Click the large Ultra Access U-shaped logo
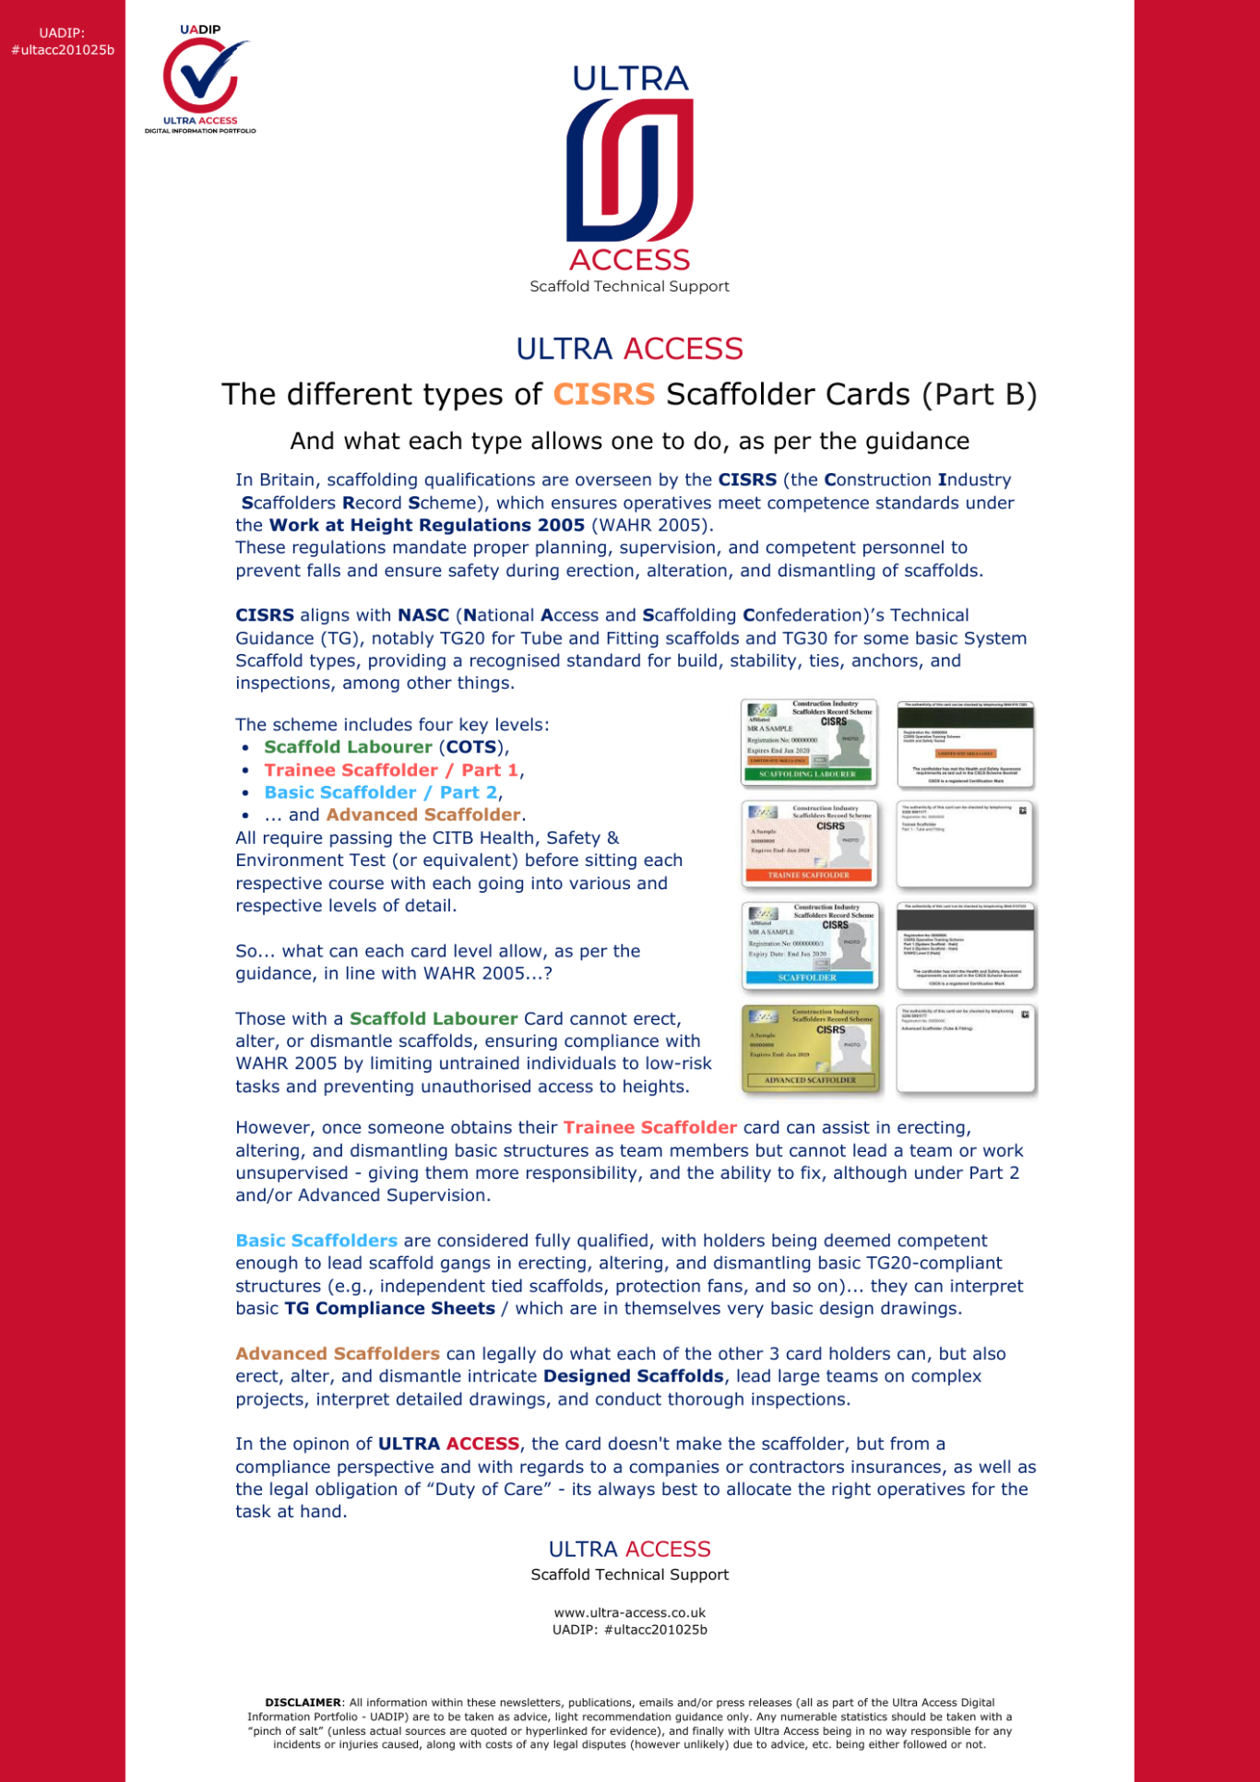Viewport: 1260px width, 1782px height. coord(630,171)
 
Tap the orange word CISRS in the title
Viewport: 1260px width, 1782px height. coord(604,395)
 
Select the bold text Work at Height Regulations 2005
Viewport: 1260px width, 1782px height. coord(427,526)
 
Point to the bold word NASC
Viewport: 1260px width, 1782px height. coord(423,615)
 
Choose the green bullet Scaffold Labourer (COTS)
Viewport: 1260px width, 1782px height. coord(386,748)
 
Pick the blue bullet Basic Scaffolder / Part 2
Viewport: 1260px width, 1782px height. coord(381,793)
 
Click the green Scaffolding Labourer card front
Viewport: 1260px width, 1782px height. coord(809,742)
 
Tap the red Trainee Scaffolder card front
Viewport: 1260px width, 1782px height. coord(809,843)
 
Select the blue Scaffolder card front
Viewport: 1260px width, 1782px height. coord(809,945)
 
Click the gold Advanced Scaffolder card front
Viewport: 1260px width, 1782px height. coord(810,1048)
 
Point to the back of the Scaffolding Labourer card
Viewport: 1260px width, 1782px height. coord(966,742)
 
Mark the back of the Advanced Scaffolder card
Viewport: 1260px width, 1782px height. coord(966,1048)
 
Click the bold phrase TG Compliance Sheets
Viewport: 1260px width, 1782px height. coord(389,1309)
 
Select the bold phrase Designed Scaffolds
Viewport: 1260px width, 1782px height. coord(634,1377)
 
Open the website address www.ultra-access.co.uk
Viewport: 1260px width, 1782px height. coord(630,1613)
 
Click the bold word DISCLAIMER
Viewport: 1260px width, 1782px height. coord(303,1703)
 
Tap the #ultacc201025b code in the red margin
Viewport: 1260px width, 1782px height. coord(63,50)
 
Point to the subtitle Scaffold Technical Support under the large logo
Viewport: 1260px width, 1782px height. coord(630,287)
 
